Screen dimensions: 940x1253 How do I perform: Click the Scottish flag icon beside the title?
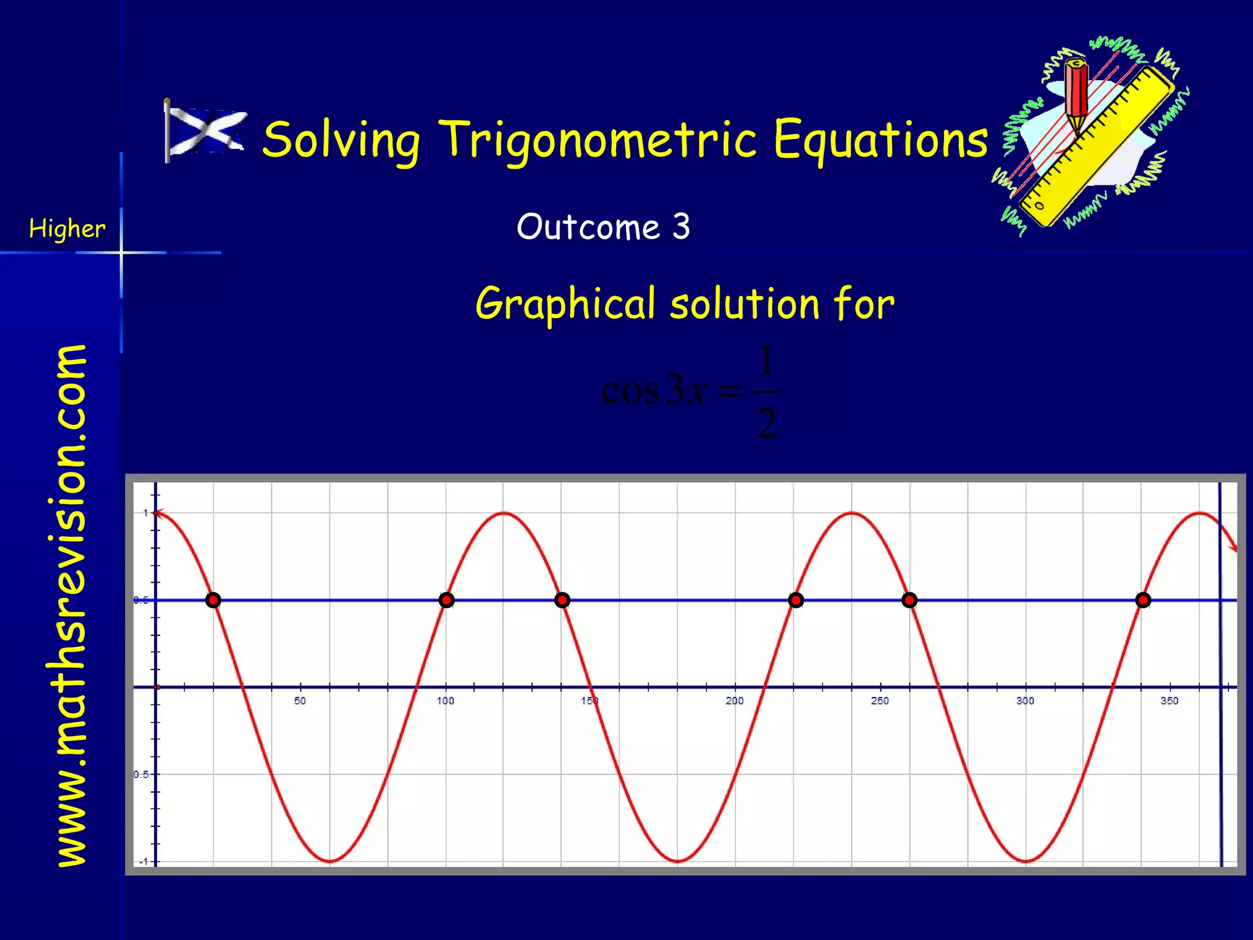(206, 132)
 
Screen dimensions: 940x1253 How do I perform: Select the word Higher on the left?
(67, 229)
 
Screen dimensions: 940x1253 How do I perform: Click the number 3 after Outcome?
(681, 226)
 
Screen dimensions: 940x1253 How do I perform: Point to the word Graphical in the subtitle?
(565, 304)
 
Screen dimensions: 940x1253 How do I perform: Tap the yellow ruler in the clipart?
(1095, 147)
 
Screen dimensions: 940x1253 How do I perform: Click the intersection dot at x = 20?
(213, 600)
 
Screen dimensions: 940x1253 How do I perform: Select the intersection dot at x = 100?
(447, 600)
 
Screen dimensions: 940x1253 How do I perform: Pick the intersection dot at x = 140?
(562, 600)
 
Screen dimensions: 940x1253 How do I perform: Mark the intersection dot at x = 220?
(795, 600)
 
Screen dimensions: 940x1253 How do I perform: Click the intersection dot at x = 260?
(910, 600)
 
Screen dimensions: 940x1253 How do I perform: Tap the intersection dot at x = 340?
(1143, 600)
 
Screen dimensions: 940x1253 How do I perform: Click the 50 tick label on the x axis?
(300, 701)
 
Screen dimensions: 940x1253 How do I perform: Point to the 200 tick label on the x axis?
(735, 701)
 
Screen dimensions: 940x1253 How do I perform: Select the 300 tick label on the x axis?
(1025, 701)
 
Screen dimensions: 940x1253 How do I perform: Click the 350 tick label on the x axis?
(1169, 701)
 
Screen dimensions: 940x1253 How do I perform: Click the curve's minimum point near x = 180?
(678, 862)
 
